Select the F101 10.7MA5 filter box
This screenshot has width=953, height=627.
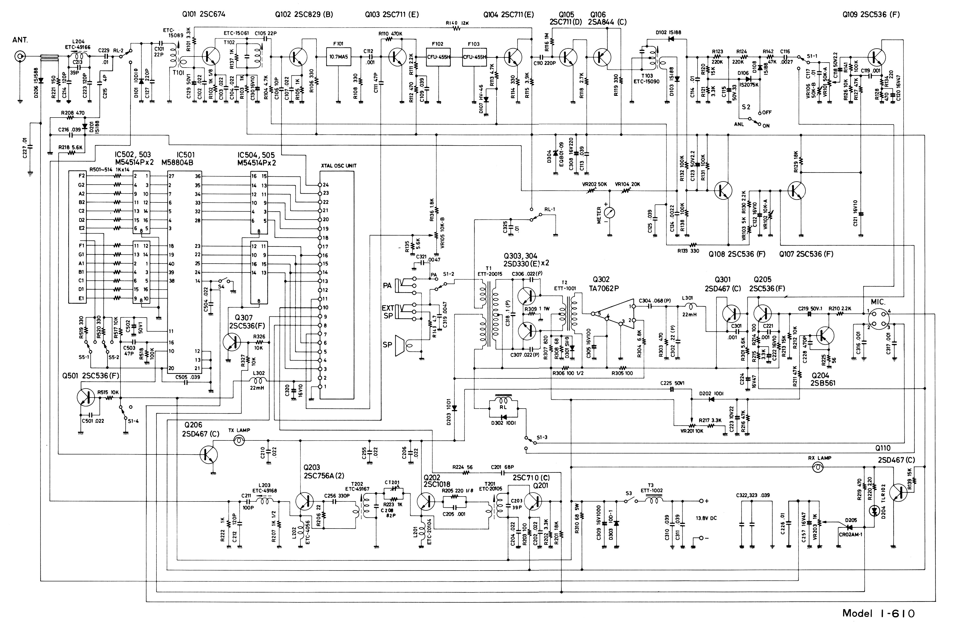click(x=339, y=57)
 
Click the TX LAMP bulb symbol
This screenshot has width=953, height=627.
click(x=239, y=441)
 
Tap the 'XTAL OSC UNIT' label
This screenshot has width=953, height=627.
click(x=338, y=166)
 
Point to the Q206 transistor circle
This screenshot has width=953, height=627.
click(x=209, y=454)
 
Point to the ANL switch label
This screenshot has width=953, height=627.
click(x=739, y=124)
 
